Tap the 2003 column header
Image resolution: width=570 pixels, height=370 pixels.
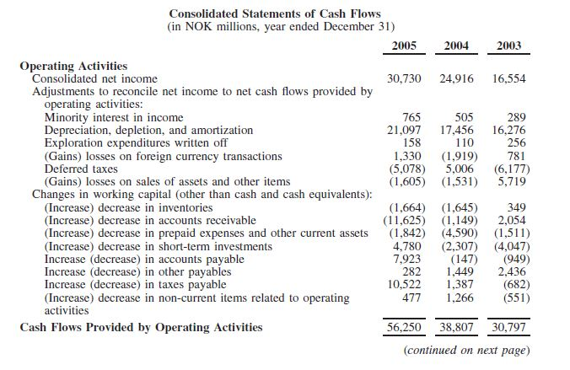coord(508,46)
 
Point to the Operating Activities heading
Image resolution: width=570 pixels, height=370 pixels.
coord(73,66)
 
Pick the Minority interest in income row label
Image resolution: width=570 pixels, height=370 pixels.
coord(113,117)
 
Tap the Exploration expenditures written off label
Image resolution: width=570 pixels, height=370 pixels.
coord(135,142)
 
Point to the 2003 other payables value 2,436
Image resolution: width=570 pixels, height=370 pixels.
coord(513,272)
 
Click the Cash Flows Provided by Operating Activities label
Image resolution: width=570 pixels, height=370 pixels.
coord(141,327)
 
